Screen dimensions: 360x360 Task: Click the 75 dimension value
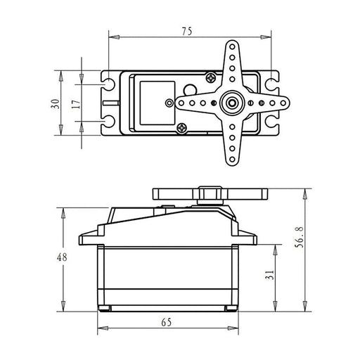click(x=187, y=32)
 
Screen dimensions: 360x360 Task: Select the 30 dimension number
click(x=56, y=104)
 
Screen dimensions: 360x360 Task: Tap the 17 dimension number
click(x=76, y=104)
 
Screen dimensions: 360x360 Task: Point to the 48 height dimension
click(x=62, y=257)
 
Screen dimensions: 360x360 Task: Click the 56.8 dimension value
click(x=299, y=237)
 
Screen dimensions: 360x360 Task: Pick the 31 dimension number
click(x=269, y=275)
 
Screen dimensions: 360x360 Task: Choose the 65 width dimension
click(x=167, y=323)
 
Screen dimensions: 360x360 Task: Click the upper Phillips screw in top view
click(x=211, y=77)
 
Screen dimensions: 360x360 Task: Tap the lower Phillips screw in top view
click(x=182, y=128)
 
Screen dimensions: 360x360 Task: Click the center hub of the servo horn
click(x=232, y=103)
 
